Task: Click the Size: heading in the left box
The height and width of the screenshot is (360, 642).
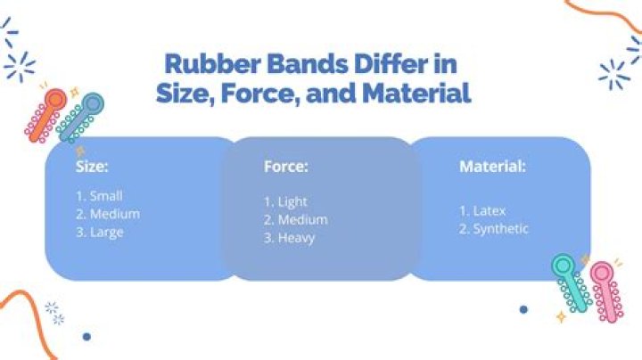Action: pyautogui.click(x=92, y=166)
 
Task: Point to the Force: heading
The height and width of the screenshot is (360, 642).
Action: pyautogui.click(x=286, y=166)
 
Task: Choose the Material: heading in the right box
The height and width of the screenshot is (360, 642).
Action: pyautogui.click(x=492, y=166)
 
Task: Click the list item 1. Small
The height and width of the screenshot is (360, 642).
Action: pyautogui.click(x=99, y=195)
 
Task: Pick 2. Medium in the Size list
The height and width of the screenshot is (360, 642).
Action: pyautogui.click(x=108, y=214)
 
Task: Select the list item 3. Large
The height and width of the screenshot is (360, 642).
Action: pyautogui.click(x=99, y=232)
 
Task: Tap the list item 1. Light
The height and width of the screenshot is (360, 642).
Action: pyautogui.click(x=285, y=201)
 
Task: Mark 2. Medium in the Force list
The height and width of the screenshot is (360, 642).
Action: pyautogui.click(x=295, y=219)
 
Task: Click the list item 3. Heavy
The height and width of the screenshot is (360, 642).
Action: pyautogui.click(x=289, y=238)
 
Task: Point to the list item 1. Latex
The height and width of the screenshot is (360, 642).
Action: pyautogui.click(x=482, y=211)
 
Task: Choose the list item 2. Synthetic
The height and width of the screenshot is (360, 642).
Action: pyautogui.click(x=494, y=229)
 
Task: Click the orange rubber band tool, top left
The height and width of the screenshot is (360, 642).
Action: pyautogui.click(x=45, y=114)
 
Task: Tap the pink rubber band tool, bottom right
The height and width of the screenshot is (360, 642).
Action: pyautogui.click(x=606, y=290)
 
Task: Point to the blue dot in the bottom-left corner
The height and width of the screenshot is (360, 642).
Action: pyautogui.click(x=86, y=337)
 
